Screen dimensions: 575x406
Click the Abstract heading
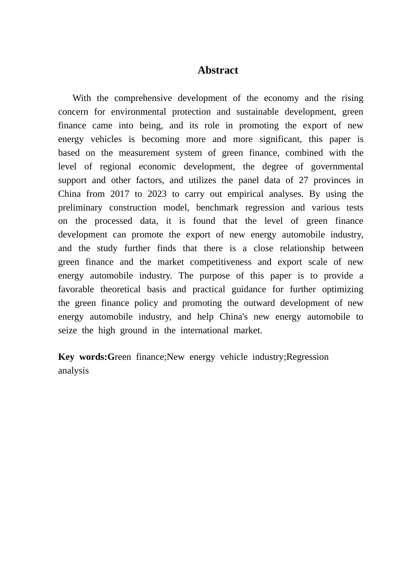(x=218, y=70)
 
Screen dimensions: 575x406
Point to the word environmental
(x=138, y=112)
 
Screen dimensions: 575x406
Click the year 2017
(x=119, y=194)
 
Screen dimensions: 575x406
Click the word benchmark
(x=217, y=207)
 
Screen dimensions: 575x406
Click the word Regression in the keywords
(x=307, y=357)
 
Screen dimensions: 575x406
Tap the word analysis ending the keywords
(x=74, y=370)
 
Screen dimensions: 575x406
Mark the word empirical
(x=245, y=194)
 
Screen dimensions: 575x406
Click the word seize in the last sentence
(x=67, y=330)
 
